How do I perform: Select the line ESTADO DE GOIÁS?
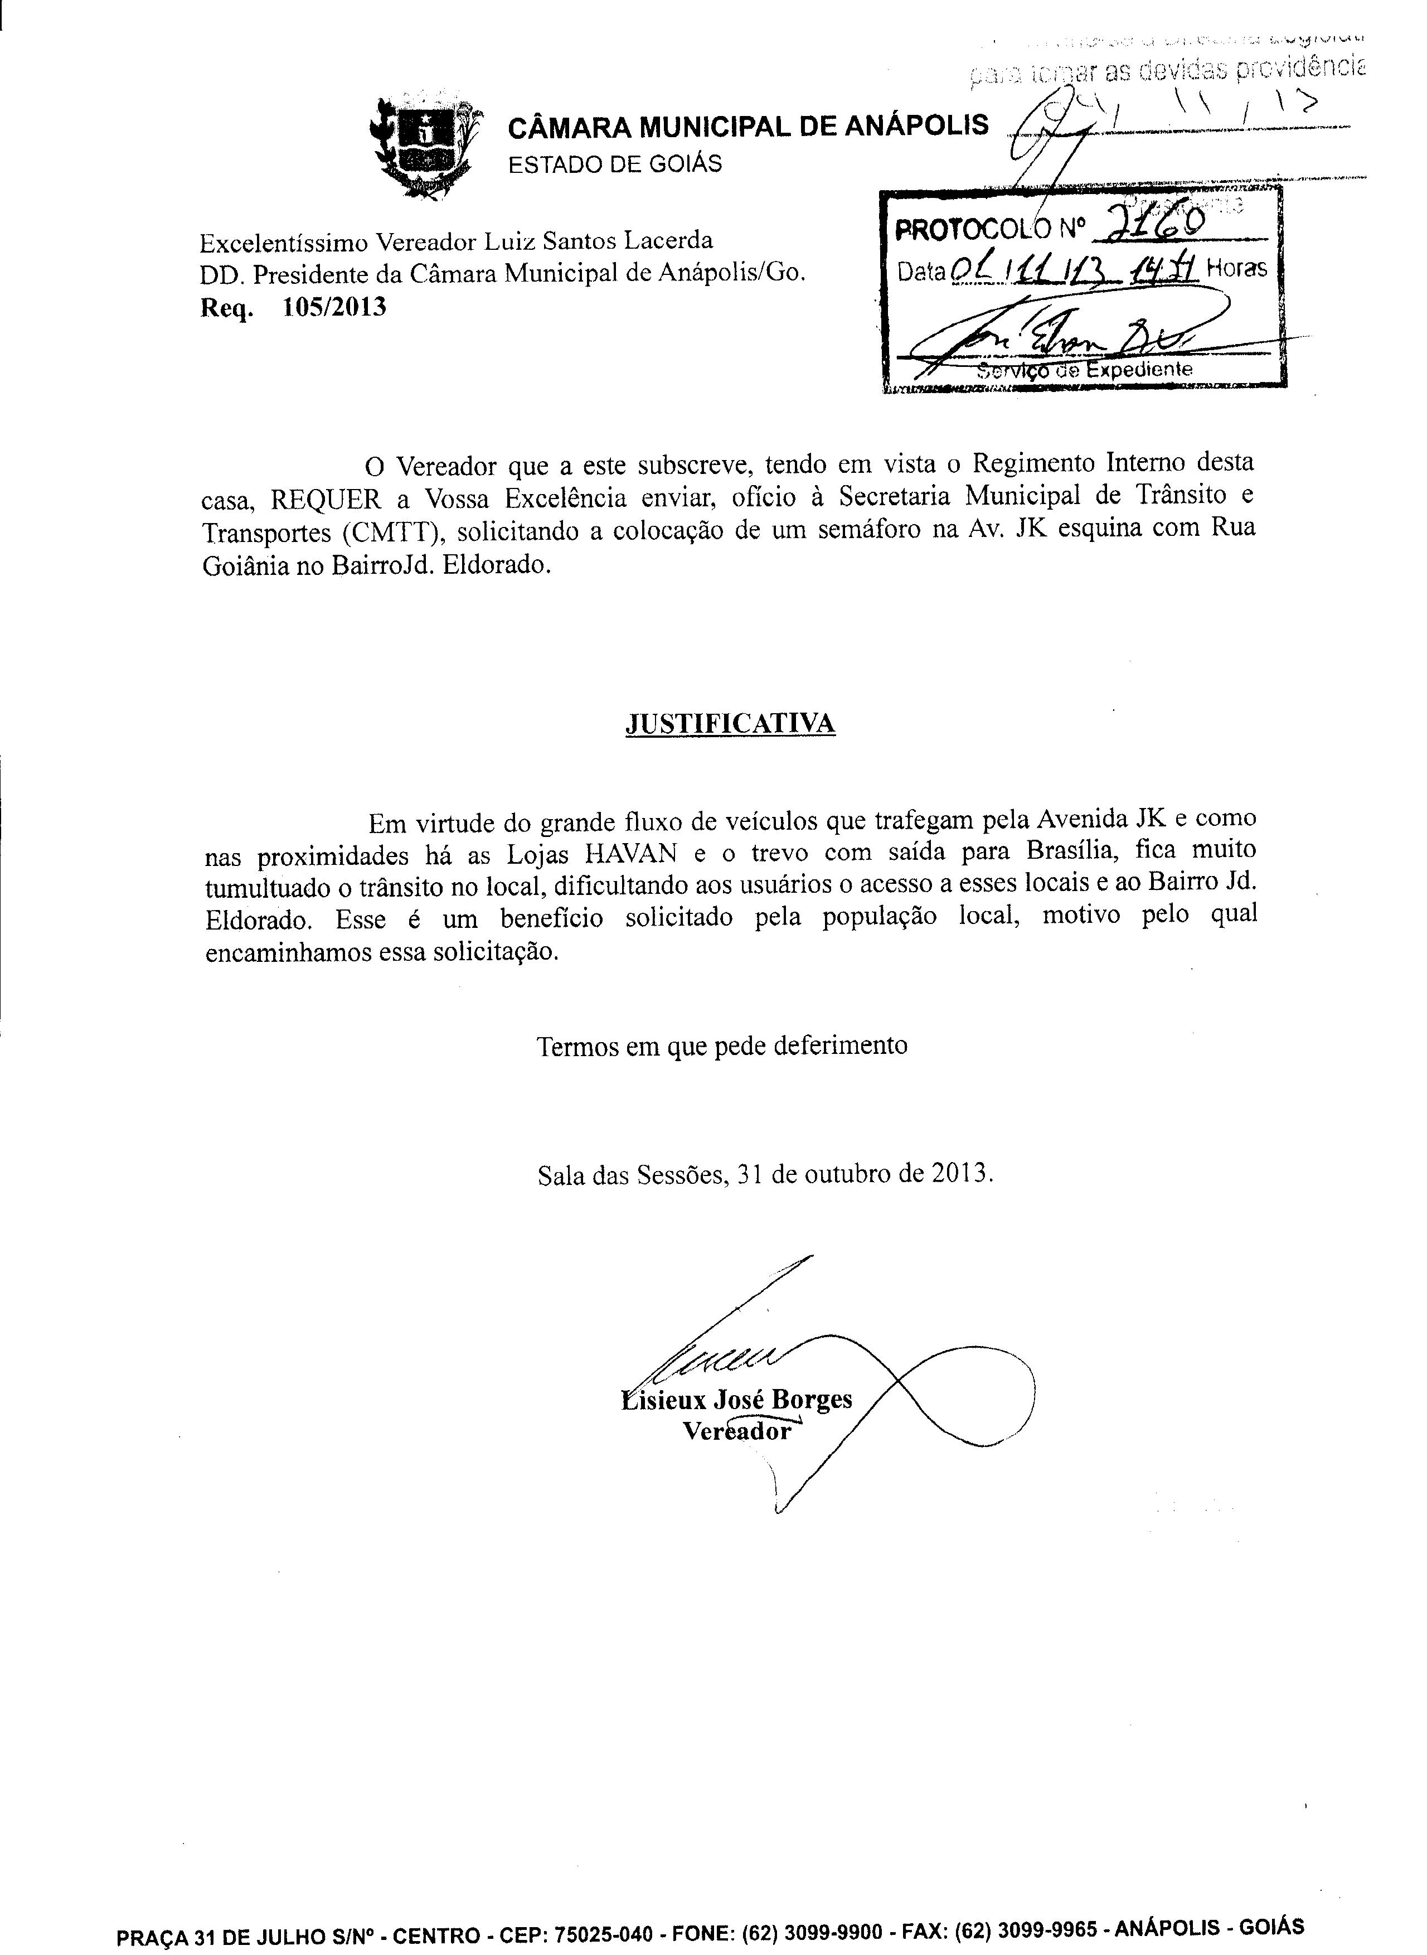(x=614, y=163)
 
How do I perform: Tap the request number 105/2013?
(x=334, y=308)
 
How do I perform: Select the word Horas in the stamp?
(x=1236, y=269)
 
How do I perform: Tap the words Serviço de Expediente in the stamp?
(x=1084, y=370)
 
